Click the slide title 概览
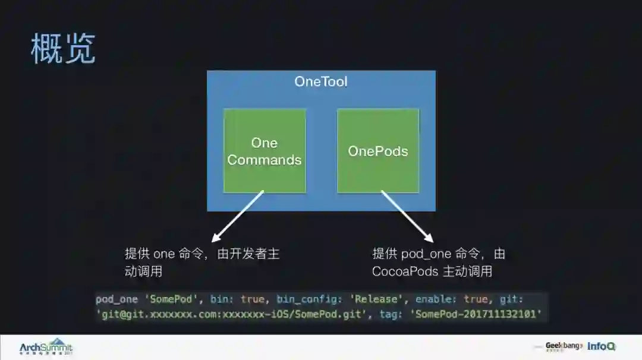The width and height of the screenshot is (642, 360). [x=62, y=49]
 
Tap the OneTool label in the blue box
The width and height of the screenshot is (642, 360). [x=320, y=81]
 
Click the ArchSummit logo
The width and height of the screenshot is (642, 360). [x=46, y=348]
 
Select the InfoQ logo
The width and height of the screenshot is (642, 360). [x=601, y=346]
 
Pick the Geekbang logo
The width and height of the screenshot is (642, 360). [x=563, y=346]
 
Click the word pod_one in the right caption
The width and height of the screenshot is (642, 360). [x=426, y=254]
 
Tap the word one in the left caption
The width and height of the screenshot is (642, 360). [x=164, y=254]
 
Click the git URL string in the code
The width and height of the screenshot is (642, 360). [x=229, y=315]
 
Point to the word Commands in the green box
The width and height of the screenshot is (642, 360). [x=265, y=160]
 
